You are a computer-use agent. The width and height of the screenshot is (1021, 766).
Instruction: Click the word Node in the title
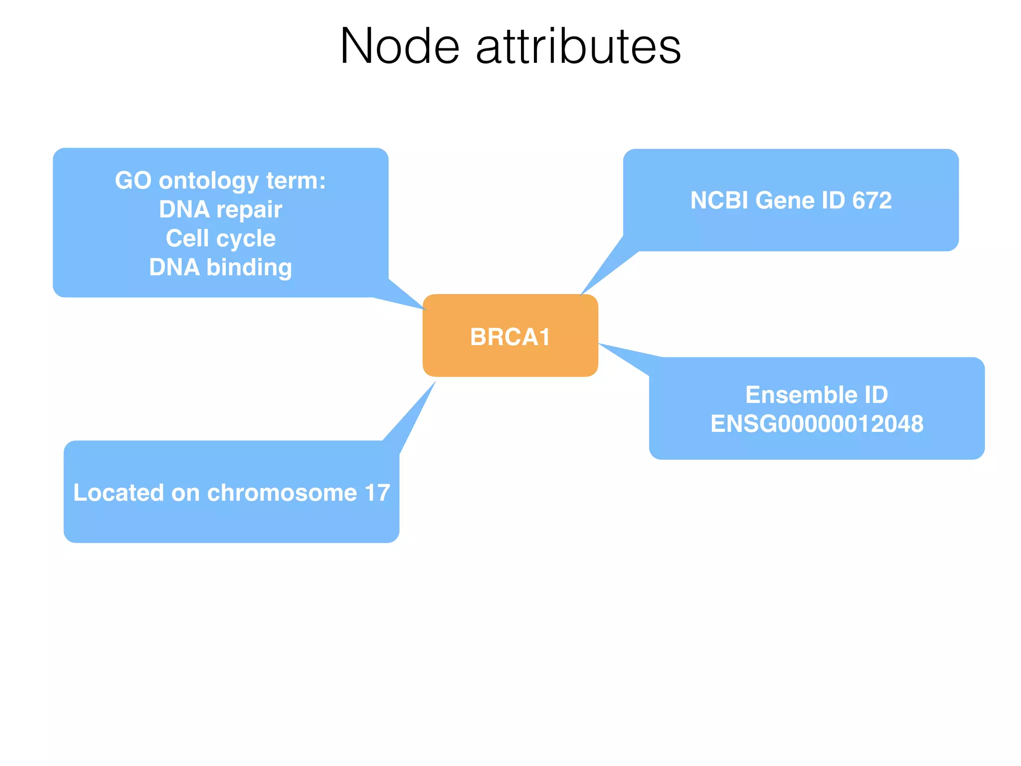pos(399,46)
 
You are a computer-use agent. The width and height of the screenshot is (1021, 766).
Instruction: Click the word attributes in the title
pos(578,46)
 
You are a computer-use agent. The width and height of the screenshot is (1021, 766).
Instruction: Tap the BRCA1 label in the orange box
pos(510,337)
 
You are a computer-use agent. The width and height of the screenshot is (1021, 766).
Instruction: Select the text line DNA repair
pos(220,209)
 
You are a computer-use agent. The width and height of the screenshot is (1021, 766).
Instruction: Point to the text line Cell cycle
pos(220,238)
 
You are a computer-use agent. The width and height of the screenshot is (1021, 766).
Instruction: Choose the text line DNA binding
pos(220,267)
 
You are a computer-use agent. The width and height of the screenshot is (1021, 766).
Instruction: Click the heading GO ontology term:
pos(220,181)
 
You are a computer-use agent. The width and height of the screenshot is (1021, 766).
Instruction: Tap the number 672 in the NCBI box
pos(871,200)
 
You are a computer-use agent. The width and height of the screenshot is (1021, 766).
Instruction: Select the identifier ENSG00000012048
pos(817,424)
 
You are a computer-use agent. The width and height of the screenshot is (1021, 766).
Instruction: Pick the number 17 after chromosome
pos(377,493)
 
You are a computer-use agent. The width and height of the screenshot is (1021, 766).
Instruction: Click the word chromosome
pos(282,493)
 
